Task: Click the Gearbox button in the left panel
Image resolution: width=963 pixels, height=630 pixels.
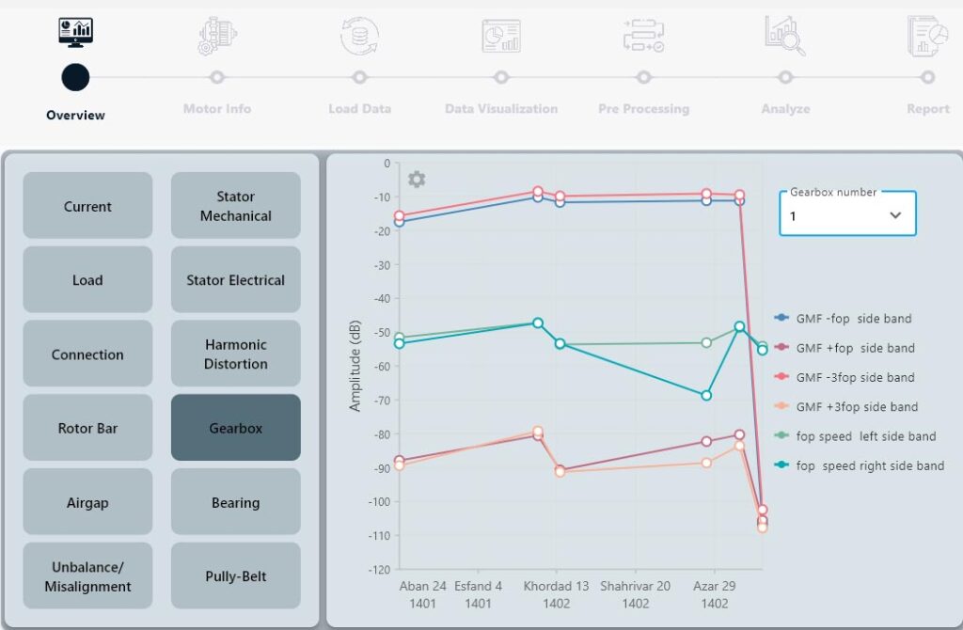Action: point(235,428)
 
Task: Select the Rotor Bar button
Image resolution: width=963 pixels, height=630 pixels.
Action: point(87,428)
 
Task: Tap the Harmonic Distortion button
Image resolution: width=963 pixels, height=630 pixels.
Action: point(235,354)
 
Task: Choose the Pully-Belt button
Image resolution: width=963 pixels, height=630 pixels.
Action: point(235,576)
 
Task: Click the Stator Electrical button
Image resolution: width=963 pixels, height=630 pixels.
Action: point(235,280)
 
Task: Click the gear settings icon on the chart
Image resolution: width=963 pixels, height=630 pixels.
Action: point(417,179)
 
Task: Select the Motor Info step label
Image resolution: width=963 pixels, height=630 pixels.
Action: point(217,109)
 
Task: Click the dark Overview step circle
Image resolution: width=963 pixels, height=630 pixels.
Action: point(75,77)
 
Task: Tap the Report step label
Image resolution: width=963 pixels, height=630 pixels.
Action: point(927,109)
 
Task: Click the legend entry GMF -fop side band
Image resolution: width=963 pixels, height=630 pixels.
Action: point(854,319)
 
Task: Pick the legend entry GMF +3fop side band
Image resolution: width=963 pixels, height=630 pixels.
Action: point(856,407)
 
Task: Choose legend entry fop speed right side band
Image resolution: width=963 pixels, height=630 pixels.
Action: point(869,465)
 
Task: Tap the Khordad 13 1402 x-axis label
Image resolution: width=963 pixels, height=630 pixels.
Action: point(557,594)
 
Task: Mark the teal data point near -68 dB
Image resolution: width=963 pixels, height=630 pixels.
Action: point(706,395)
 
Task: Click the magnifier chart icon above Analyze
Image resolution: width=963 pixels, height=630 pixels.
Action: point(785,37)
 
